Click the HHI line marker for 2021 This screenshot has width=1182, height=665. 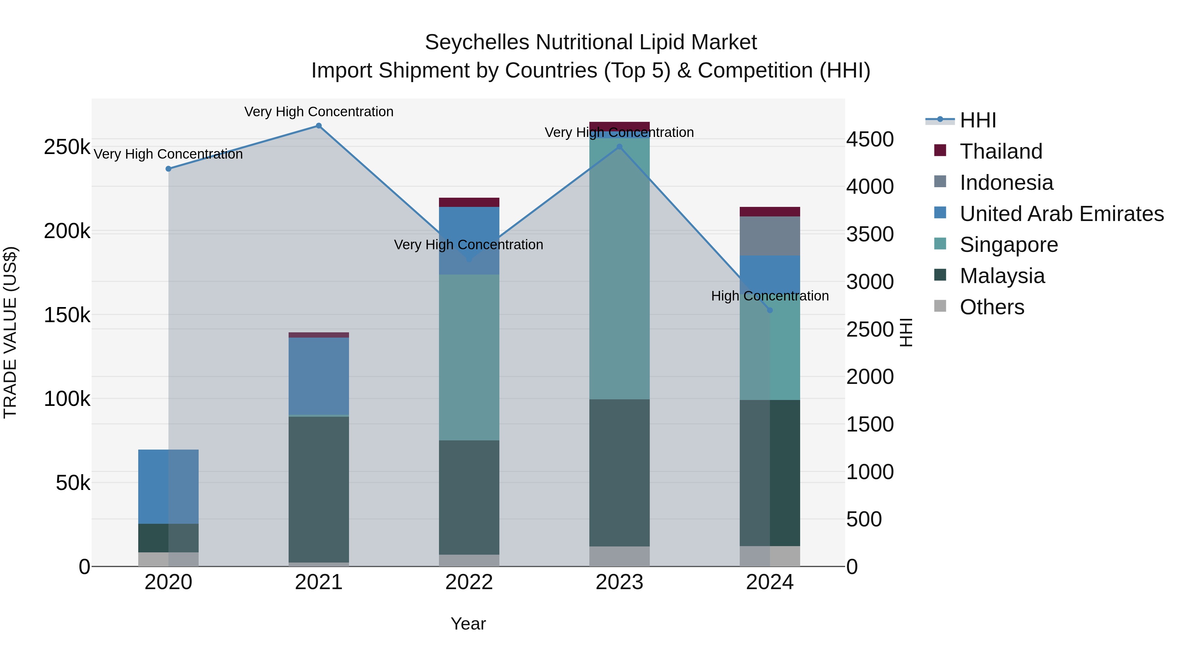coord(318,126)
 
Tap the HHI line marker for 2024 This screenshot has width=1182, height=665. coord(770,310)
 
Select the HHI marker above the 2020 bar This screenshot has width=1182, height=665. coord(168,169)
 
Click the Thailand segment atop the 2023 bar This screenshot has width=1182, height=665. coord(620,126)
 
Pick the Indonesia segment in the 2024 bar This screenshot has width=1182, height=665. coord(770,236)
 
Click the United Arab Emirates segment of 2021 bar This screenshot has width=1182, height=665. coord(318,376)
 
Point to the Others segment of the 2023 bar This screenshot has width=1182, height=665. coord(620,556)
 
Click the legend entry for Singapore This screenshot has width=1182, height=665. coord(1009,245)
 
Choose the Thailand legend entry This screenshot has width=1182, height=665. coord(1001,151)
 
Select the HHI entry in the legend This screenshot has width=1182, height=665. coord(977,120)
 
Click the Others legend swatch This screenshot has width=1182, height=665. coord(940,306)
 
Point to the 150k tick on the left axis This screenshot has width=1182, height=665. coord(67,315)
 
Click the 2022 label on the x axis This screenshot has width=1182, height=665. coord(469,582)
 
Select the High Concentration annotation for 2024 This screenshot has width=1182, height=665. coord(770,296)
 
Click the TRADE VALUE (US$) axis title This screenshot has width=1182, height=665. coord(10,332)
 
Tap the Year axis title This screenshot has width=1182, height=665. coord(468,624)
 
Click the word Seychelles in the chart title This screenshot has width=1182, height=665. coord(477,42)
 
